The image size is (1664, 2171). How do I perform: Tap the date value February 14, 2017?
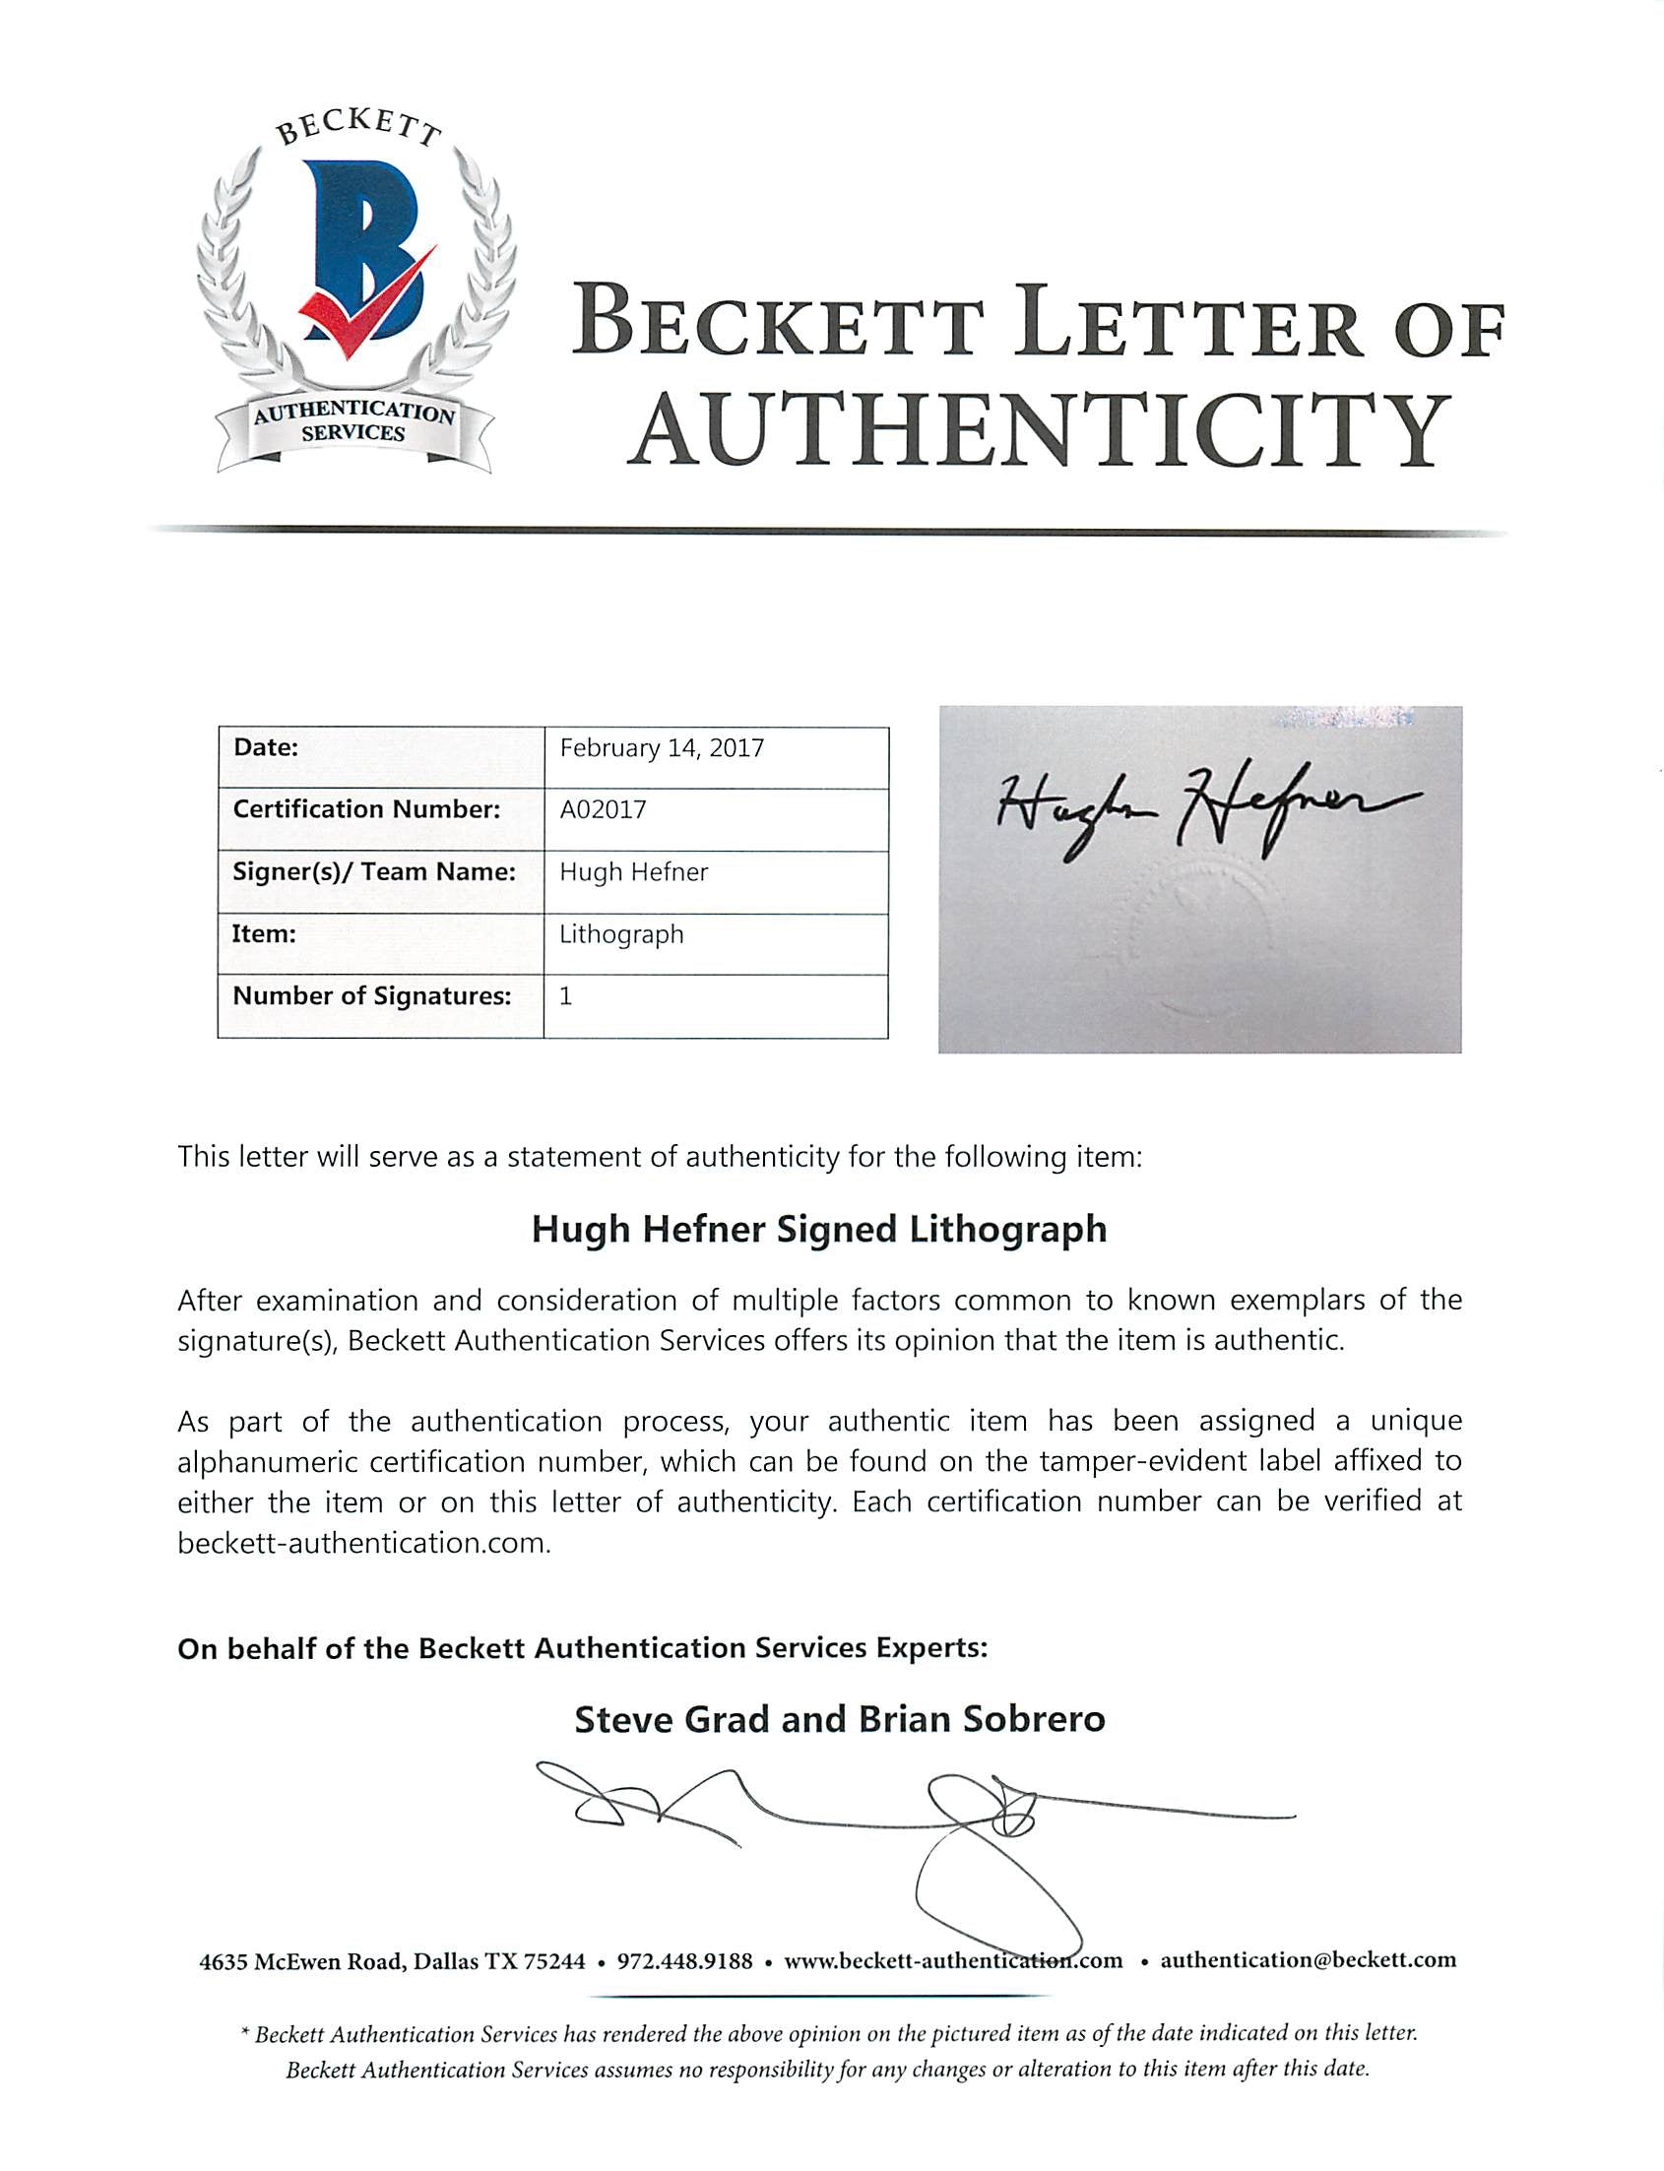[662, 747]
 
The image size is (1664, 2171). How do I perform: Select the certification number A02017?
[603, 809]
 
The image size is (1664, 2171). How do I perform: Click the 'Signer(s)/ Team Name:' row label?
[373, 871]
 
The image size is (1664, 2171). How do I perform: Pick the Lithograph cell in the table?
[621, 934]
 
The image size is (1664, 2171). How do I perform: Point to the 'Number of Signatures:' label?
[371, 995]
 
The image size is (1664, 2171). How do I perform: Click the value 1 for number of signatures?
[565, 995]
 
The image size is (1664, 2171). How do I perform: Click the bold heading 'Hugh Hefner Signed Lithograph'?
[819, 1229]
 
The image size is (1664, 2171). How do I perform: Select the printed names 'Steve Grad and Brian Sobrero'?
[839, 1718]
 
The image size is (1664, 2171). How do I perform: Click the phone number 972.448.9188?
[684, 1960]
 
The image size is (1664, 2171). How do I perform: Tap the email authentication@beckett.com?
[1308, 1959]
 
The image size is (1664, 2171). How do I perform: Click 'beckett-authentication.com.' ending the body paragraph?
[363, 1543]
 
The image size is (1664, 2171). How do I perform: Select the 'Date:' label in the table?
[266, 747]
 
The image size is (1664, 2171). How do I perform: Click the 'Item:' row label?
[264, 934]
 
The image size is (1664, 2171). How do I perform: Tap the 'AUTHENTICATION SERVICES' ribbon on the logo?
[353, 424]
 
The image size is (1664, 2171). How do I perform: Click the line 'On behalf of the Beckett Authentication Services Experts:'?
[583, 1648]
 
